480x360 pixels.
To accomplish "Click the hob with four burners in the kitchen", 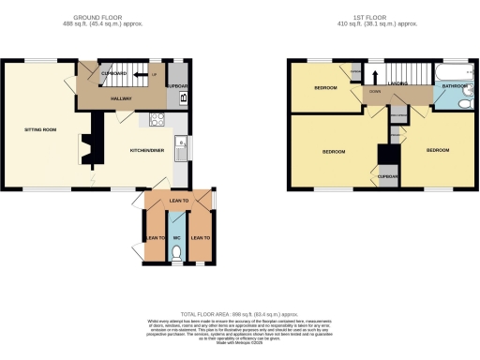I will click(x=157, y=119).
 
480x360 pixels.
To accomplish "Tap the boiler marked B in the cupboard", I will click(x=182, y=97).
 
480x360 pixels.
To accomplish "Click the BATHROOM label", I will click(x=456, y=86).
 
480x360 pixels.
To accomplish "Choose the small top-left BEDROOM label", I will click(x=323, y=87).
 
